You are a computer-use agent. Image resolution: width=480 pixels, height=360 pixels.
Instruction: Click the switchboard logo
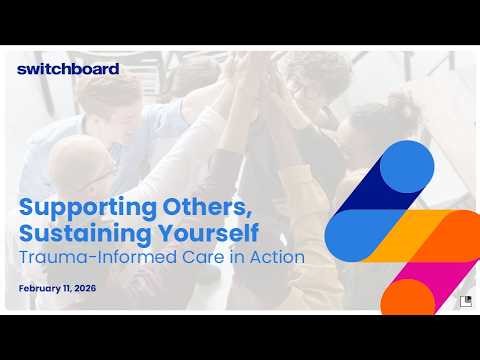68,69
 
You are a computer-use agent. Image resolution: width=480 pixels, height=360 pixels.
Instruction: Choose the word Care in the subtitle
194,258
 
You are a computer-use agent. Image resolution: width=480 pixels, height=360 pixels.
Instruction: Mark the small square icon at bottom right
465,301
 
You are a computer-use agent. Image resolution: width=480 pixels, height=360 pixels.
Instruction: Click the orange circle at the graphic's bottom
407,297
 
